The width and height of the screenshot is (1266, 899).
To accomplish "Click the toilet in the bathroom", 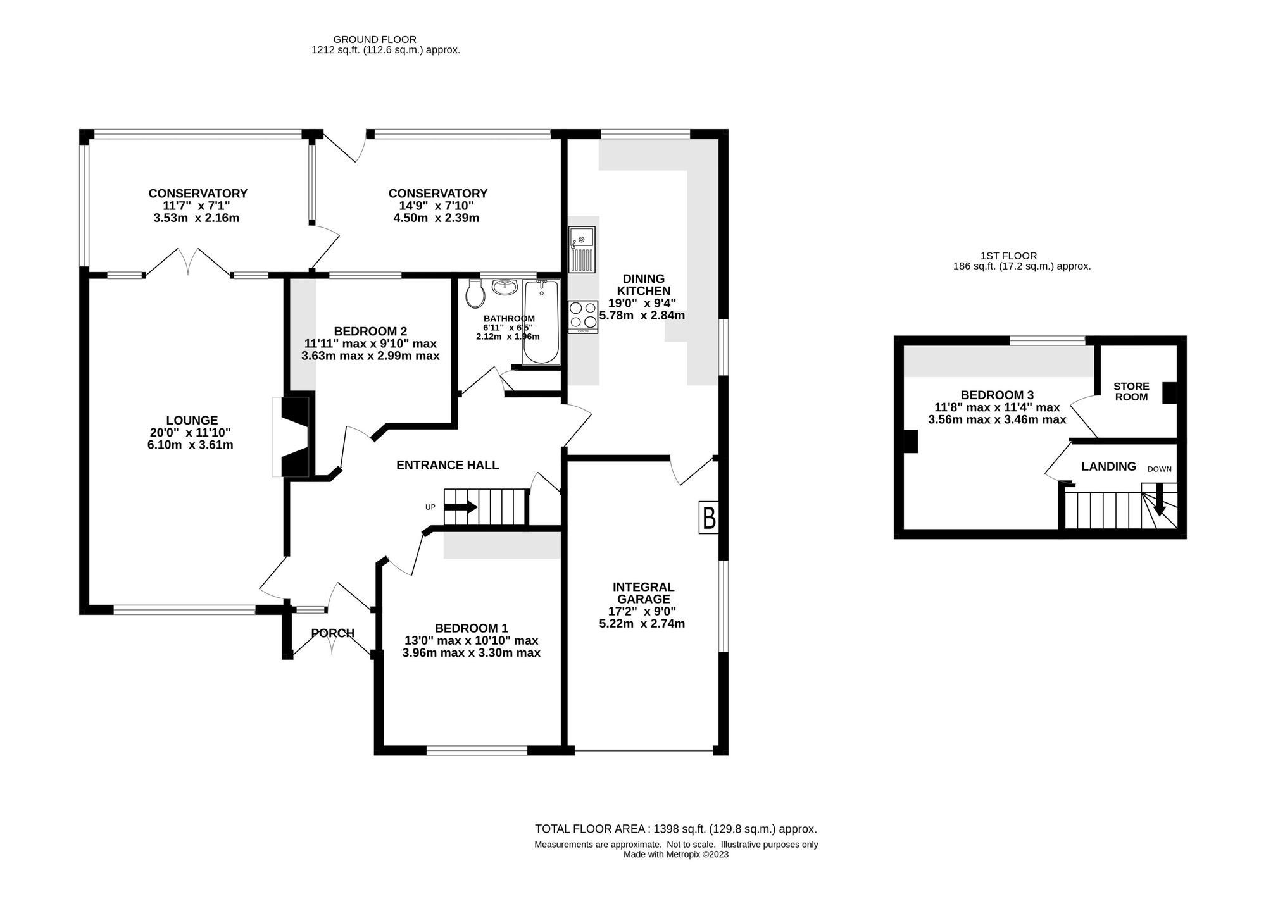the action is [x=474, y=293].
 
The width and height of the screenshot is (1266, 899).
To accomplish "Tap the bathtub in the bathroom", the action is [x=541, y=322].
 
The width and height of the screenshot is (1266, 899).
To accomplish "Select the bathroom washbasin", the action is [x=505, y=287].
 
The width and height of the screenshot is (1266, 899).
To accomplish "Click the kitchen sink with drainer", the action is [x=582, y=249].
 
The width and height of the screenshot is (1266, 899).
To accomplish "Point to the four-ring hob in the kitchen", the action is [x=583, y=317].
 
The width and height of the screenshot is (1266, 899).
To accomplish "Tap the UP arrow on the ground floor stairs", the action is [x=460, y=507].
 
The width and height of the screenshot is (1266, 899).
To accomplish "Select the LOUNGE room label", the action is [x=192, y=420].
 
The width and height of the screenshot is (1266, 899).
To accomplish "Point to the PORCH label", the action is [x=333, y=633].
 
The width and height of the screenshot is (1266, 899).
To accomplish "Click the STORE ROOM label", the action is [x=1131, y=392].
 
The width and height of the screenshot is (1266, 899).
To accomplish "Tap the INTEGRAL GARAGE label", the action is [x=644, y=593].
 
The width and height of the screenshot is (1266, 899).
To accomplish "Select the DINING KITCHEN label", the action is [x=644, y=285].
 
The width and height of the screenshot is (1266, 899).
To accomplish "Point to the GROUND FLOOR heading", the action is [x=375, y=39].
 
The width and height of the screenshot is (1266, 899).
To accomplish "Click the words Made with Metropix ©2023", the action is [x=676, y=854].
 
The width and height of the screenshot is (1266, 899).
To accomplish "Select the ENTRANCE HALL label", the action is [x=448, y=465].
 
